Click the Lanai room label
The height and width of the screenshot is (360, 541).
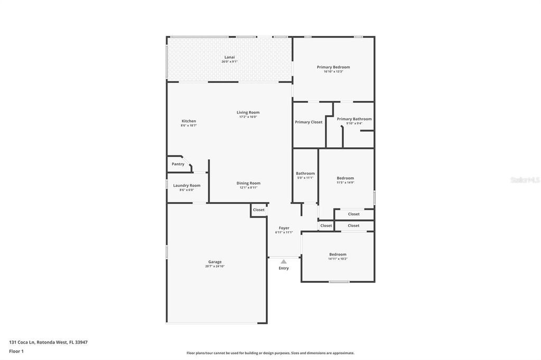pyautogui.click(x=229, y=57)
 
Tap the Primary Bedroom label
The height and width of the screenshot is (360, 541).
pyautogui.click(x=333, y=67)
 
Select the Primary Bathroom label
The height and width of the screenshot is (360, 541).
pyautogui.click(x=354, y=119)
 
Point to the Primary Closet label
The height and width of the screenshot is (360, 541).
pyautogui.click(x=309, y=122)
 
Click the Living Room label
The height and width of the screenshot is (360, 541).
pyautogui.click(x=248, y=112)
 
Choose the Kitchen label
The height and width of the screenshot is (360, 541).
pyautogui.click(x=189, y=121)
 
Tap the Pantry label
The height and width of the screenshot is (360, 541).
pyautogui.click(x=178, y=164)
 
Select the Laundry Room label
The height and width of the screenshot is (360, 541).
pyautogui.click(x=187, y=185)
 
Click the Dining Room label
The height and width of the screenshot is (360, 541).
pyautogui.click(x=248, y=183)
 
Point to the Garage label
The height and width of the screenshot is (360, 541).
pyautogui.click(x=215, y=262)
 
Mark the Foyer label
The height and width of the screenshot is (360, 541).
pyautogui.click(x=284, y=228)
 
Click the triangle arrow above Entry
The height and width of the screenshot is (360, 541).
pyautogui.click(x=284, y=261)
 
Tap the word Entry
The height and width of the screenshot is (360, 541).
pyautogui.click(x=284, y=268)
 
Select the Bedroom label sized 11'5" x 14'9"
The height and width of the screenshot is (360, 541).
pyautogui.click(x=346, y=178)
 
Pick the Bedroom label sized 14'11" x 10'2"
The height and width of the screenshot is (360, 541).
pyautogui.click(x=338, y=254)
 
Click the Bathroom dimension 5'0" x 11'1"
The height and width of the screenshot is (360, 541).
pyautogui.click(x=305, y=178)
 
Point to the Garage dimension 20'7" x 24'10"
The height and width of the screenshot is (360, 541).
pyautogui.click(x=215, y=267)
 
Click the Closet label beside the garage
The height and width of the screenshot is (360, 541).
pyautogui.click(x=258, y=210)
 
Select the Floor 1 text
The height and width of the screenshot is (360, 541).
pyautogui.click(x=16, y=351)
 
